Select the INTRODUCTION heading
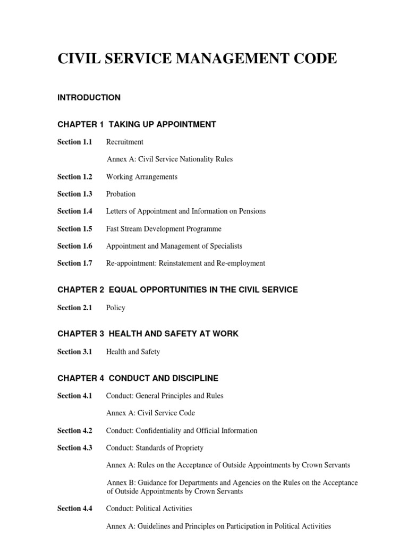[89, 98]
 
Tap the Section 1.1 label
[74, 142]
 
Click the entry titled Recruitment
[124, 142]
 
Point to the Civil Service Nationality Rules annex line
[169, 159]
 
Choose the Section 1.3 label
[74, 194]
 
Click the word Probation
[121, 194]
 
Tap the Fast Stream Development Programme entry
[164, 229]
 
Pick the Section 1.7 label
[74, 263]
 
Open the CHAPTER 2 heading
[177, 290]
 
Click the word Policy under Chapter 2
[115, 308]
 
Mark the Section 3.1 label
[74, 351]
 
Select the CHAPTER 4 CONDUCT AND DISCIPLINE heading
[138, 378]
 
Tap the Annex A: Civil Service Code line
[150, 413]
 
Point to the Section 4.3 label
[74, 448]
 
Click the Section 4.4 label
[74, 508]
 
